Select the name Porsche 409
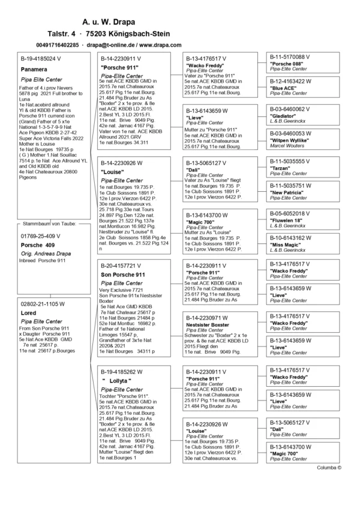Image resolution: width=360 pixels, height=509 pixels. coord(38,245)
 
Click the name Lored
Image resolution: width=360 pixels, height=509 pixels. coord(28,313)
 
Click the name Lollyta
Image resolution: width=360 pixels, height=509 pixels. coord(116,381)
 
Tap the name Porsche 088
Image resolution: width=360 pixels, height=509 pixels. coord(287,64)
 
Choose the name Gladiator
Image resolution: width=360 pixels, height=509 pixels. coord(283,116)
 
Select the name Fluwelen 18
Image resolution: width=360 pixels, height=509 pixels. coord(286,220)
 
